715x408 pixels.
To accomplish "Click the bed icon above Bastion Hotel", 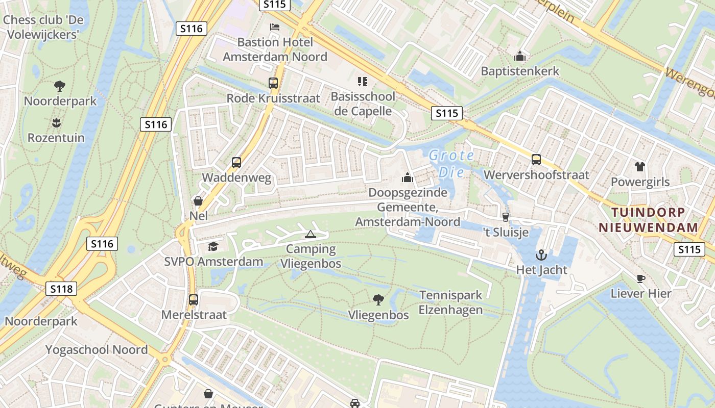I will (x=274, y=27).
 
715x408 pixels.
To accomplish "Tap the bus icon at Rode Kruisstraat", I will (x=273, y=83).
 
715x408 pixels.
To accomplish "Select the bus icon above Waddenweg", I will (x=236, y=163).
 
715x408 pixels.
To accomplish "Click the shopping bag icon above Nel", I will (x=198, y=201).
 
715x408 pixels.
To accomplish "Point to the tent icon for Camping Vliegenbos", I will (x=310, y=235).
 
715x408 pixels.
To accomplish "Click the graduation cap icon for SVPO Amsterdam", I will (x=213, y=247).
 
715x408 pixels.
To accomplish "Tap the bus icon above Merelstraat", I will (x=194, y=300).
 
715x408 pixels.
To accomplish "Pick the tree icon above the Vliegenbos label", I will (x=378, y=300).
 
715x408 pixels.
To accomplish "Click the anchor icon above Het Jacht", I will (x=541, y=254).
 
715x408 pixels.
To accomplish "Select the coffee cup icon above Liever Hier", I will (x=641, y=278).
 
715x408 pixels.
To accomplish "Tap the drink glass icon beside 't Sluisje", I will (x=506, y=217).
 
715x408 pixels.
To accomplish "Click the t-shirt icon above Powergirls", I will (x=639, y=166).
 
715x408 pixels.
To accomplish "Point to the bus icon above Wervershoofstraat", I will (x=536, y=160).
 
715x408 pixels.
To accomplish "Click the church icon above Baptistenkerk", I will (x=520, y=56).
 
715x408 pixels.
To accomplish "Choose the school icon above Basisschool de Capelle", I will (x=363, y=82).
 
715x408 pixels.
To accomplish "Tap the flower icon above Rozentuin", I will (x=56, y=122).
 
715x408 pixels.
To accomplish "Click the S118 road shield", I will (x=62, y=289).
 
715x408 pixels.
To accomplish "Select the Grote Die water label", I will (x=451, y=163).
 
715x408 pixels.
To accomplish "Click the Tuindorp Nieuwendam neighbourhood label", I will (x=649, y=220).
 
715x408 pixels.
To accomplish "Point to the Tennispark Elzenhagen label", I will (x=450, y=302).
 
